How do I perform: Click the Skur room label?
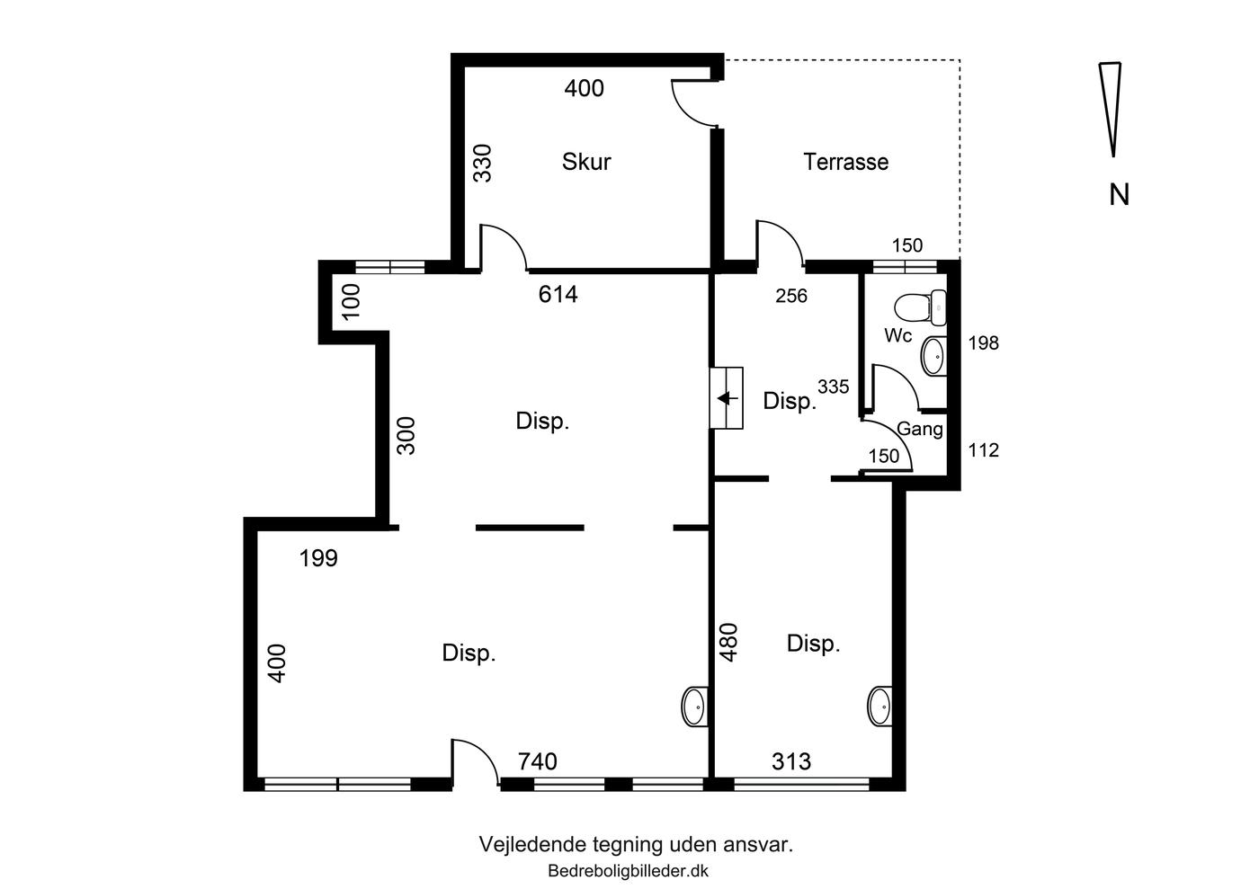tap(585, 162)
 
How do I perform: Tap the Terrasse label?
tap(846, 162)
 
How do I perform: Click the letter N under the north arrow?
tap(1119, 195)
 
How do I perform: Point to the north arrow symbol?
tap(1111, 109)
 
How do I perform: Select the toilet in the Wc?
tap(921, 308)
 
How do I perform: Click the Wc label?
tap(898, 335)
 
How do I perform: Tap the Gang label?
tap(919, 429)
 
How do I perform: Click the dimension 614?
tap(558, 295)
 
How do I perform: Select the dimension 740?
tap(538, 761)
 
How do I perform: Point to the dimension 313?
tap(791, 761)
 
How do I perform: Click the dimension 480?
tap(728, 643)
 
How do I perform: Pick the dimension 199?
tap(318, 558)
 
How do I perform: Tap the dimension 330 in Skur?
tap(482, 164)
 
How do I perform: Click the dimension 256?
tap(791, 296)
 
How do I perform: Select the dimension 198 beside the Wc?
tap(984, 342)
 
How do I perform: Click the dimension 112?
tap(984, 450)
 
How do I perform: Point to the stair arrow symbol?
tap(728, 398)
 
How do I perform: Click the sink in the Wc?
tap(933, 356)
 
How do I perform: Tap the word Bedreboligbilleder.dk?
tap(628, 871)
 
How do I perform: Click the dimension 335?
tap(833, 387)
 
